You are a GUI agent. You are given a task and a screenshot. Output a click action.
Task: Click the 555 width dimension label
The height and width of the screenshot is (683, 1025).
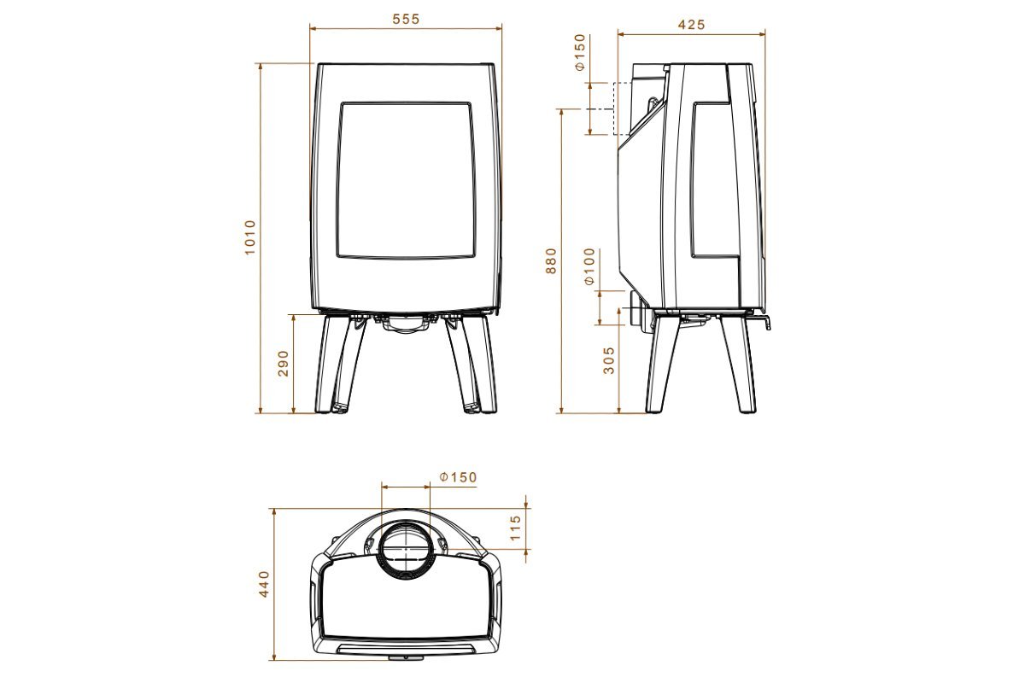point(406,20)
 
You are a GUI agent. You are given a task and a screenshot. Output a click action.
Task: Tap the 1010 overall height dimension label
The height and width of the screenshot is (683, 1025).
point(249,237)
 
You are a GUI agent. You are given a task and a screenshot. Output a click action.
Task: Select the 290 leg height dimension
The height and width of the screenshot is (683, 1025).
point(284,363)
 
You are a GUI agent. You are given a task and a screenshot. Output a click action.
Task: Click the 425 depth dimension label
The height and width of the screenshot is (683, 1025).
point(691,25)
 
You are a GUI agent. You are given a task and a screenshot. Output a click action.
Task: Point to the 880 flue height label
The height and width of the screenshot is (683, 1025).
point(552,260)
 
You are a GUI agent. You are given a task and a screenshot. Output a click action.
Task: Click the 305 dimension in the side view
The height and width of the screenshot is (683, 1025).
point(609,360)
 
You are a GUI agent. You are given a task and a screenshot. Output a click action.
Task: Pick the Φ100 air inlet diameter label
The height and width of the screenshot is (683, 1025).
point(590,266)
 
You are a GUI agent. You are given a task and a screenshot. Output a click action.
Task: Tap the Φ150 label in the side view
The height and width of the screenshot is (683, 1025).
point(580,52)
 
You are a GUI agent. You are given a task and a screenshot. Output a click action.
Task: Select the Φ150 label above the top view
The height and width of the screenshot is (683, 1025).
point(458,477)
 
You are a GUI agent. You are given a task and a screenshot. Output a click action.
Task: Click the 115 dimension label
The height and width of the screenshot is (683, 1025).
point(515,528)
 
